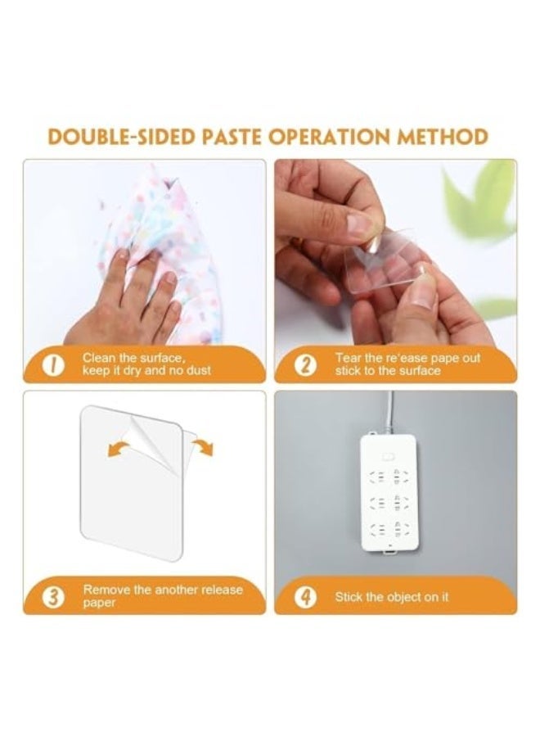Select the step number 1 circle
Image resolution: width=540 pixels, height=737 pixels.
(54, 365)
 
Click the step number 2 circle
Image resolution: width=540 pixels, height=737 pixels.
(304, 365)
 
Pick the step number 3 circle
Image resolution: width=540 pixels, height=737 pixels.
(54, 596)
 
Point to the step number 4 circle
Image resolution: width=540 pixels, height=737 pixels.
(304, 596)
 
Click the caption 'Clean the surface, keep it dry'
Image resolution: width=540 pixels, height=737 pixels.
(146, 364)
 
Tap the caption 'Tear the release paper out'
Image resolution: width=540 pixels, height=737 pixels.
(407, 364)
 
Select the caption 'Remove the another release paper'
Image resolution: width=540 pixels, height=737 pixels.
(162, 595)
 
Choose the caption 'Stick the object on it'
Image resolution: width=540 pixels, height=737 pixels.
(391, 597)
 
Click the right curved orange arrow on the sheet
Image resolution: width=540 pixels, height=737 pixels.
(202, 445)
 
